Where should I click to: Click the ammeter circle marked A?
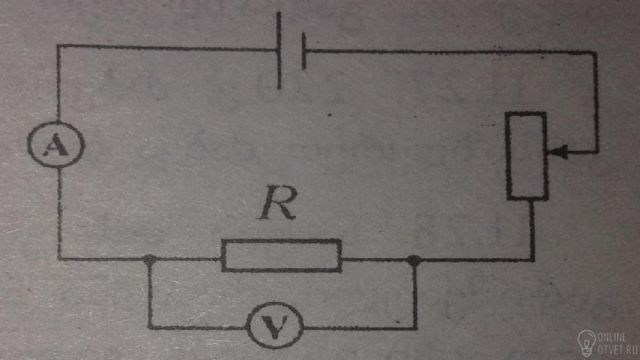coord(56,144)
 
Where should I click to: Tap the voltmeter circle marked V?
coord(274,325)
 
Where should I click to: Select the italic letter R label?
coord(278,203)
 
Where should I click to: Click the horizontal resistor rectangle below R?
coord(282,256)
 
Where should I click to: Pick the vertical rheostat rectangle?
coord(527,156)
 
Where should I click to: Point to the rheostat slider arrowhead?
coord(558,152)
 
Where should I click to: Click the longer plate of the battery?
coord(279,50)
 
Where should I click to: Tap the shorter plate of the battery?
coord(304,51)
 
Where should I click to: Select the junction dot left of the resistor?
coord(150,259)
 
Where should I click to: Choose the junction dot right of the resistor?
coord(414,260)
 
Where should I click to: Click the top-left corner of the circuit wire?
coord(58,46)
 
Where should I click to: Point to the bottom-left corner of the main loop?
coord(59,259)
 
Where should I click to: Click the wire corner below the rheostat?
coord(532,260)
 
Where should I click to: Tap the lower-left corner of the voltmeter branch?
coord(150,327)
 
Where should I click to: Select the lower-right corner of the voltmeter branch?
coord(415,328)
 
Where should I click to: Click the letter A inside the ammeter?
coord(56,146)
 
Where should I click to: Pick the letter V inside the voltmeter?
coord(274,327)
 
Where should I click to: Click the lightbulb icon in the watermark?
coord(586,343)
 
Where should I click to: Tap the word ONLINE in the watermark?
coord(612,337)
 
